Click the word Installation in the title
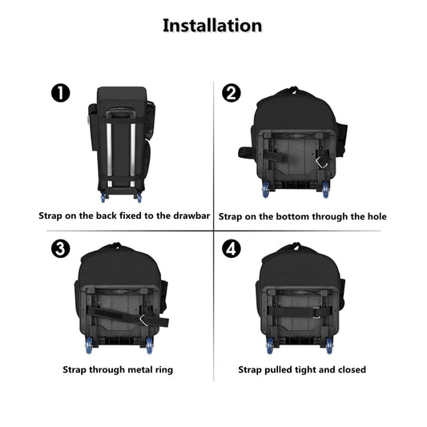pos(212,25)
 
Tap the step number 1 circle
pos(60,94)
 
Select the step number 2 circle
pos(231,94)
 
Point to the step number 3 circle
pos(60,248)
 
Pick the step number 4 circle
pos(231,248)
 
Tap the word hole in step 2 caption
pos(375,216)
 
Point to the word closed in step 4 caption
pos(349,369)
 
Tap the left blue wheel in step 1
pos(102,197)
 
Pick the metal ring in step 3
pos(145,319)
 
